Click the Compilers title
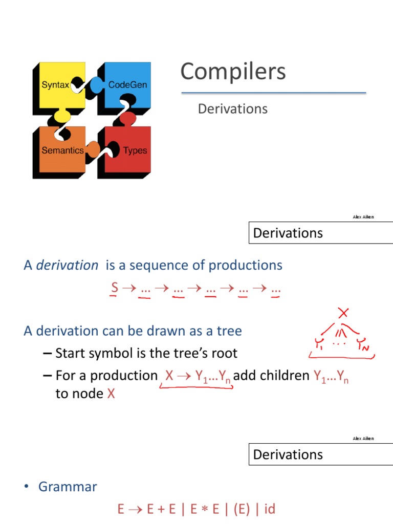(x=233, y=71)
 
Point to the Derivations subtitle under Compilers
(x=232, y=108)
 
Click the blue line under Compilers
(x=274, y=93)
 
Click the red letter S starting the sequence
(x=115, y=288)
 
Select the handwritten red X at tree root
(x=344, y=313)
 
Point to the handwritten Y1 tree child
(x=319, y=344)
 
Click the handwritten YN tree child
(x=364, y=345)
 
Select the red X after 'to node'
(x=111, y=394)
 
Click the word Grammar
(x=68, y=486)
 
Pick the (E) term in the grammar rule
(x=237, y=509)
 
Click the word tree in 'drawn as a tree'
(x=229, y=331)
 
